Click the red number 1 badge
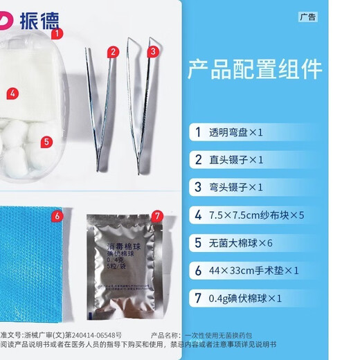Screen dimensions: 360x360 pyautogui.click(x=57, y=33)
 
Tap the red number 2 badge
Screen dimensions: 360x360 pyautogui.click(x=113, y=51)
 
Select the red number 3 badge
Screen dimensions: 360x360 pyautogui.click(x=152, y=51)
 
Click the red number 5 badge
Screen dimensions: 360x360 pyautogui.click(x=46, y=142)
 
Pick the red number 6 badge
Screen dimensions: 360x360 pyautogui.click(x=57, y=215)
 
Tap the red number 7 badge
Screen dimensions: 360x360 pyautogui.click(x=157, y=216)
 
